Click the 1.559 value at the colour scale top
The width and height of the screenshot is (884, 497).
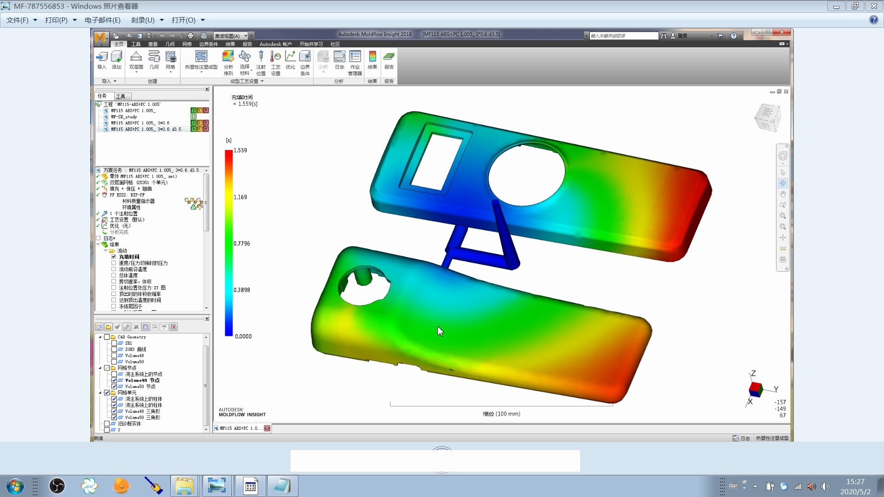[x=240, y=150]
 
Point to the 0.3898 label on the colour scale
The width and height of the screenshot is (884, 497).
[x=241, y=290]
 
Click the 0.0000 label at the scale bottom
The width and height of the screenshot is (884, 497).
[x=243, y=336]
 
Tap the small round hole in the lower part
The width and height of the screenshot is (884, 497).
[x=364, y=286]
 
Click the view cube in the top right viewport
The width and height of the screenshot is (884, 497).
[x=768, y=118]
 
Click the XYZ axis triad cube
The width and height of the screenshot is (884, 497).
[x=755, y=389]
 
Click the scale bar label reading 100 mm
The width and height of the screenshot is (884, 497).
[x=501, y=414]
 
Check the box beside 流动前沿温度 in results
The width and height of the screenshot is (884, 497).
[x=114, y=269]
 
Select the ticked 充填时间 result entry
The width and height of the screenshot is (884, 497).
[x=129, y=257]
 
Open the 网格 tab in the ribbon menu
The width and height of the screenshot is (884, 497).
[x=186, y=44]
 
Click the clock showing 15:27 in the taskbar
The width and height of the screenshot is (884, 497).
[x=855, y=482]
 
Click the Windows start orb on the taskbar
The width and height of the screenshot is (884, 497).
[x=15, y=486]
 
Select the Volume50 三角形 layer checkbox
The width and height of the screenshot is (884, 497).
[x=114, y=417]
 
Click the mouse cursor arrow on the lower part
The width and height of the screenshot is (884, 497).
[x=440, y=331]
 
